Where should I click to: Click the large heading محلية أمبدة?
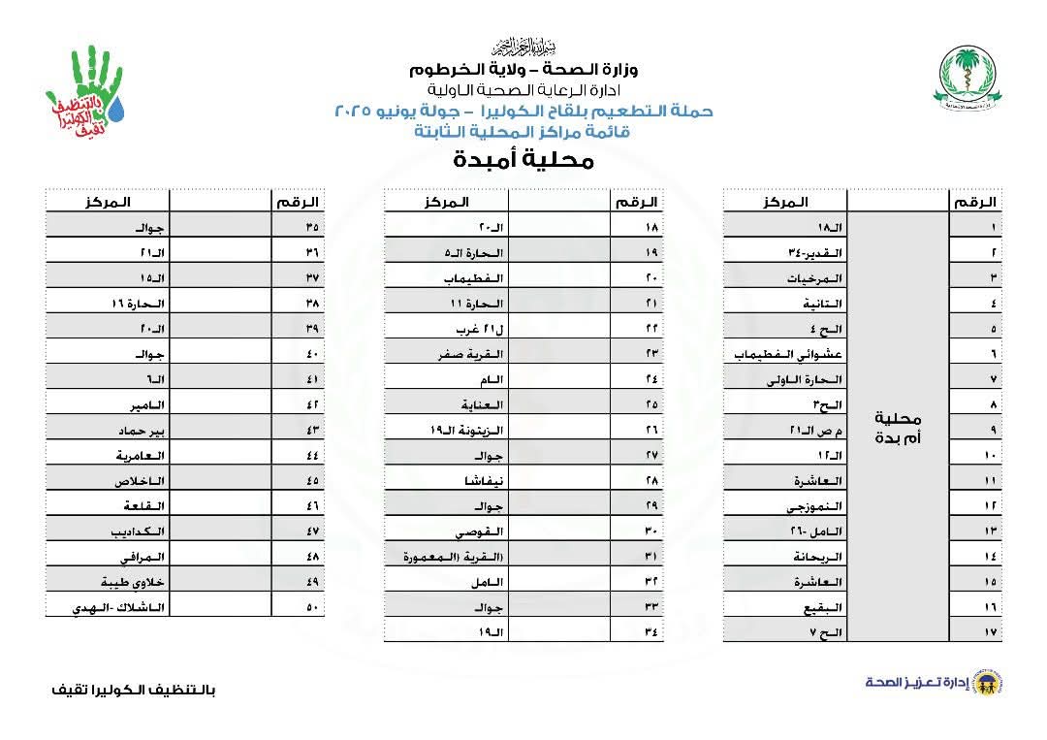(523, 160)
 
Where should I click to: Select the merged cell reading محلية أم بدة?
(897, 427)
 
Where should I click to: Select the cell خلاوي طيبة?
(129, 582)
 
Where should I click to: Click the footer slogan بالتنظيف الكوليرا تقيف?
(133, 690)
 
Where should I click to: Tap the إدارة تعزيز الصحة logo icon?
(991, 682)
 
